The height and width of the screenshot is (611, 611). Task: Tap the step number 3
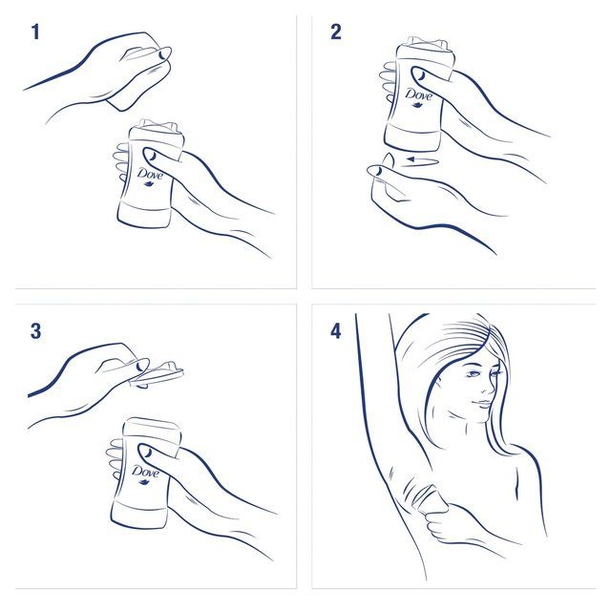(x=35, y=332)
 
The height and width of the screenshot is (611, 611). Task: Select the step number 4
(x=335, y=332)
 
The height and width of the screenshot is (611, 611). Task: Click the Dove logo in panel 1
(x=151, y=178)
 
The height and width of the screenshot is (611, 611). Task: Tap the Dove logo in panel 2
(x=418, y=96)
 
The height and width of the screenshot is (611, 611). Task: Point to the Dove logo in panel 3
(x=145, y=474)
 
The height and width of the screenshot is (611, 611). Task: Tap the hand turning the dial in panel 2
(x=396, y=186)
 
